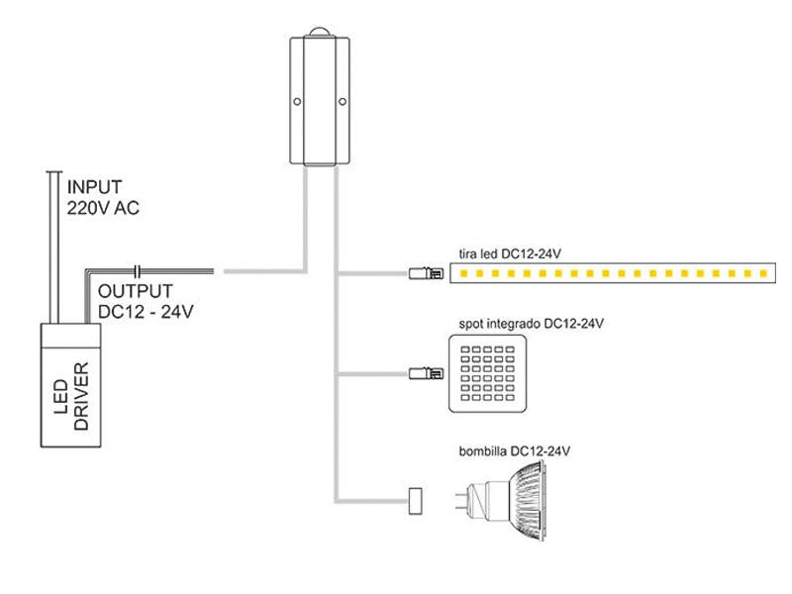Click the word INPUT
tap(94, 187)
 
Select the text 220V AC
tap(103, 208)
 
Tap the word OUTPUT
tap(136, 291)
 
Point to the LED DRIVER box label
tap(71, 397)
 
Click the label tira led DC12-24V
tap(510, 253)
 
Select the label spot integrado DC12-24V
tap(531, 324)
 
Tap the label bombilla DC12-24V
tap(514, 451)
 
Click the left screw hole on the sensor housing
tap(297, 102)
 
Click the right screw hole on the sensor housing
tap(343, 102)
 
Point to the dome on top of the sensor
tap(320, 32)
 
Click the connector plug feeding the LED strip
tap(427, 274)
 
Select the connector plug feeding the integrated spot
tap(427, 374)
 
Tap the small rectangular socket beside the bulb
tap(415, 501)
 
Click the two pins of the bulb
tap(461, 501)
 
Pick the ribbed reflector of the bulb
tap(527, 501)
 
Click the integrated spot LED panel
tap(487, 374)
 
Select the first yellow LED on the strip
tap(463, 274)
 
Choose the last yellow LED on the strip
tap(763, 274)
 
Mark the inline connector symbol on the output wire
tap(137, 271)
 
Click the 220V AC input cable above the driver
tap(54, 247)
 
